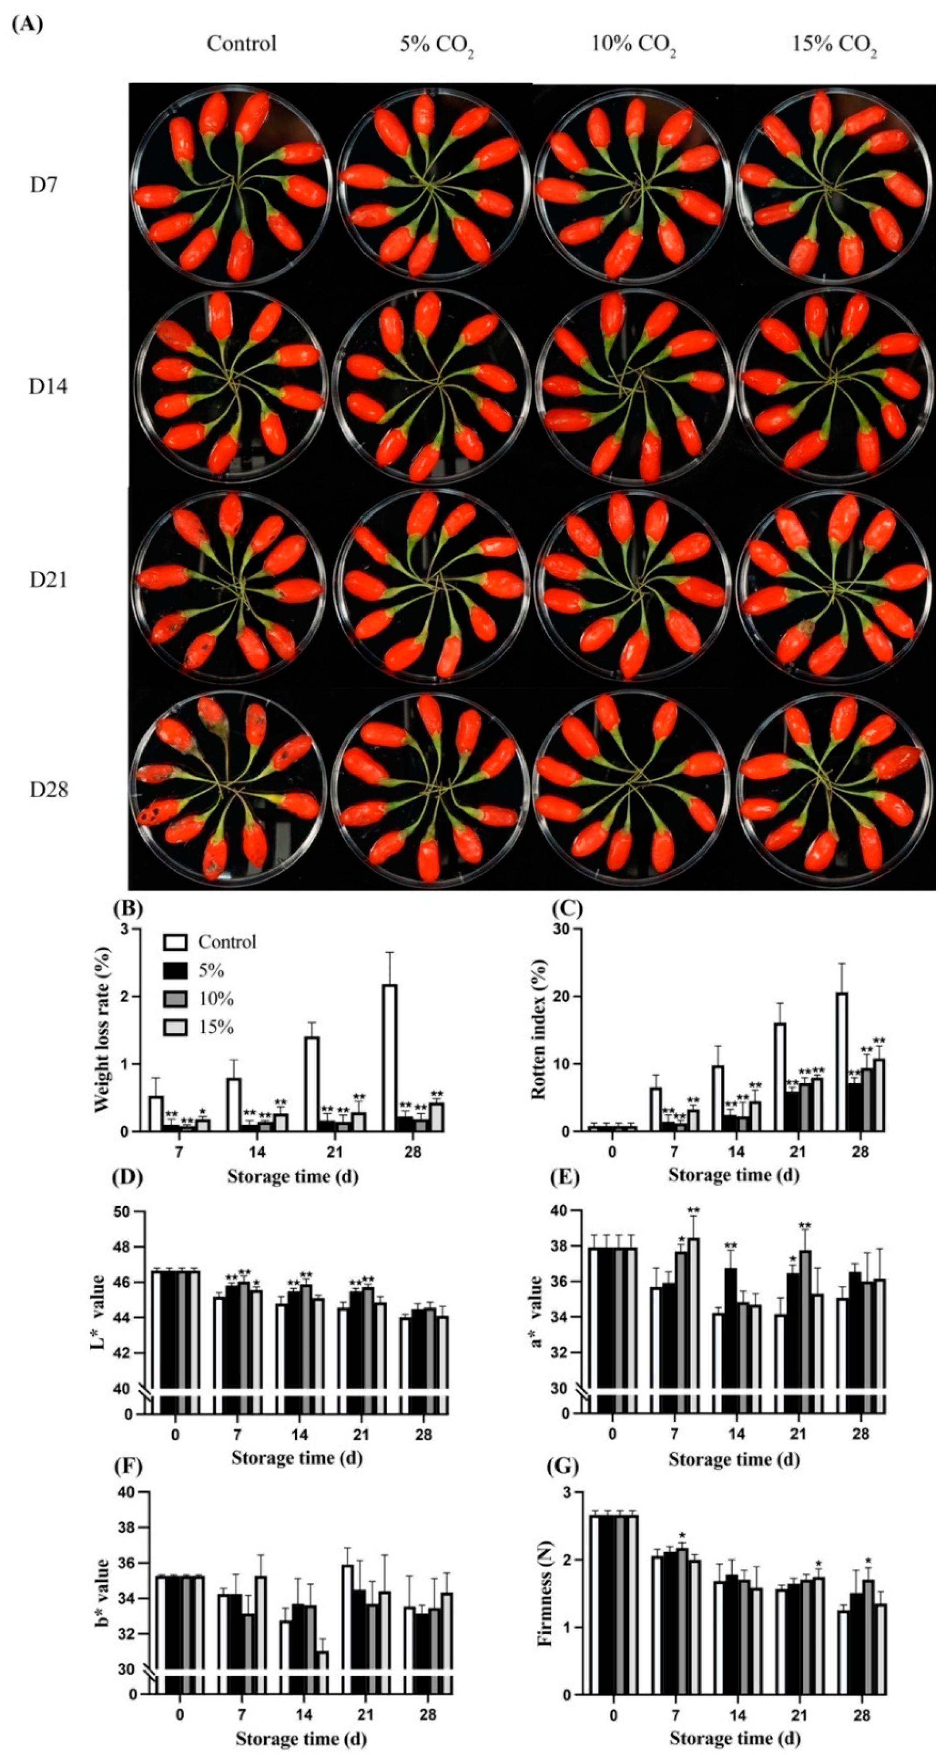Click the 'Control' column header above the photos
pyautogui.click(x=242, y=44)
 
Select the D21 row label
pyautogui.click(x=48, y=581)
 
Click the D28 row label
pyautogui.click(x=48, y=790)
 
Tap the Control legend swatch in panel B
pyautogui.click(x=175, y=943)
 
